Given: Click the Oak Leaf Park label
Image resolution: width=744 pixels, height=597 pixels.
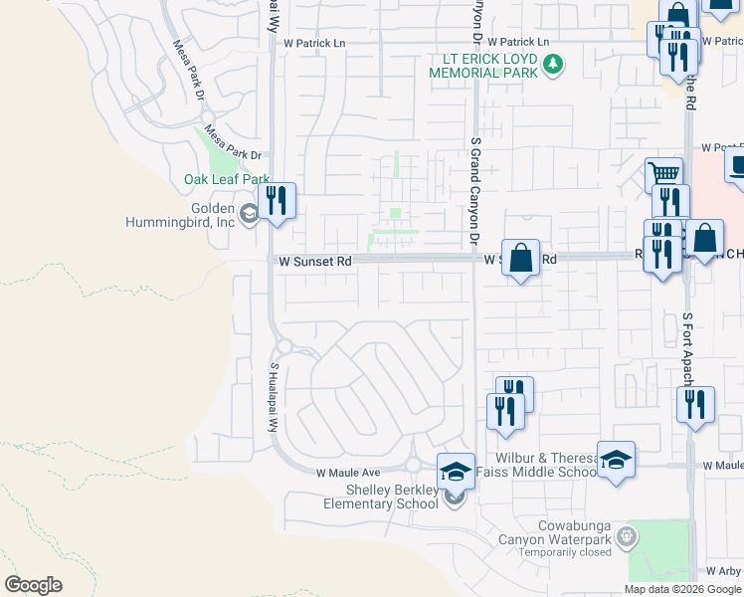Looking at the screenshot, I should click(227, 180).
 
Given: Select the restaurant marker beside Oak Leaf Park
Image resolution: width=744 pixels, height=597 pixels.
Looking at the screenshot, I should click(278, 201).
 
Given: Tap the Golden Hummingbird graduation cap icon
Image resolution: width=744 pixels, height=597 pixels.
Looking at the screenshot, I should click(249, 211).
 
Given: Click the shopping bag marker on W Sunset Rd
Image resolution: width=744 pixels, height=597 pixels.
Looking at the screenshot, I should click(520, 259).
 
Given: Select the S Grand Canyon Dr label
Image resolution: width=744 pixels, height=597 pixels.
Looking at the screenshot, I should click(474, 195).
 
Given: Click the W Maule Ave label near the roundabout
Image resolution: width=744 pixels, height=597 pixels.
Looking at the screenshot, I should click(349, 473).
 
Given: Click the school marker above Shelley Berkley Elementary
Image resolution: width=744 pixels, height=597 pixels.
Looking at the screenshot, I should click(456, 471).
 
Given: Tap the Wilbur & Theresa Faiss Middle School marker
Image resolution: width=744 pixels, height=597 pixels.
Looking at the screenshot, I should click(616, 460).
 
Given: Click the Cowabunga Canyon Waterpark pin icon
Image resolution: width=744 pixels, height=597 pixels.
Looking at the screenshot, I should click(627, 538).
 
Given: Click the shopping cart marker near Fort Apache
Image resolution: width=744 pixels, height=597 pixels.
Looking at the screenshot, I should click(663, 176).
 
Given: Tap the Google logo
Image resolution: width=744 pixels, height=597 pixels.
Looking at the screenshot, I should click(34, 584).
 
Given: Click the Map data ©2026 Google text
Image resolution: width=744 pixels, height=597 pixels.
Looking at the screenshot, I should click(681, 589).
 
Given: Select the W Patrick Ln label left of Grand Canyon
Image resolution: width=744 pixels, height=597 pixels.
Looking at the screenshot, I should click(314, 44).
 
